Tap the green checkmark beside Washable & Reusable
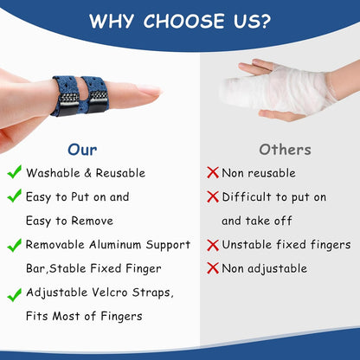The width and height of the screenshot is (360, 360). click(x=15, y=172)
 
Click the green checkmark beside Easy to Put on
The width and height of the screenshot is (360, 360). click(x=15, y=196)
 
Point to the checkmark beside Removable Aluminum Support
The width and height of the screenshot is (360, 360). click(x=15, y=246)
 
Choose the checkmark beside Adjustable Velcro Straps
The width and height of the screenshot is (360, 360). click(x=15, y=295)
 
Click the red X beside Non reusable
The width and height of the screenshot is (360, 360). click(x=212, y=173)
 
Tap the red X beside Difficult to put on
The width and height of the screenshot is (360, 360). click(x=212, y=197)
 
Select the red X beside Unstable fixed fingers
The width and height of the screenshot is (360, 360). click(x=212, y=246)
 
